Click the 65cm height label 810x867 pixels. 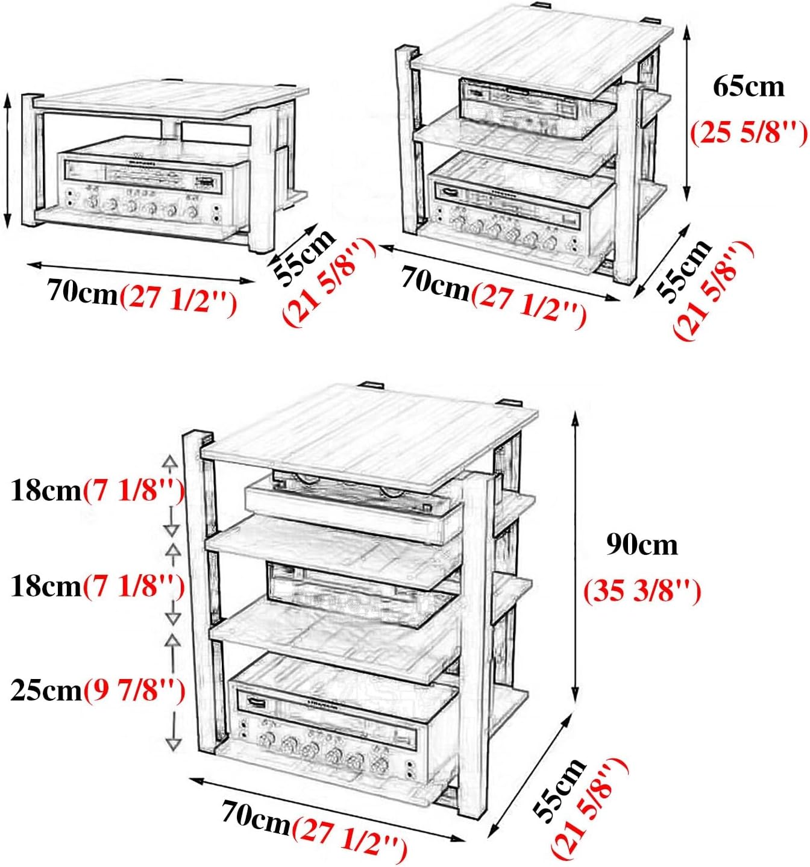tap(749, 87)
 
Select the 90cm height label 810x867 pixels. tap(642, 545)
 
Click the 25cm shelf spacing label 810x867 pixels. tap(46, 690)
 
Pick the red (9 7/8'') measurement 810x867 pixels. tap(134, 690)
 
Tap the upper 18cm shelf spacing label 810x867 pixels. tap(46, 491)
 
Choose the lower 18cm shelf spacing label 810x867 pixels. tap(46, 586)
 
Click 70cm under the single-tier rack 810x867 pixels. tap(82, 293)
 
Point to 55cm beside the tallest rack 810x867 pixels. tap(560, 789)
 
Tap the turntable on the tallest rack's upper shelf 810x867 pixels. tap(350, 503)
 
